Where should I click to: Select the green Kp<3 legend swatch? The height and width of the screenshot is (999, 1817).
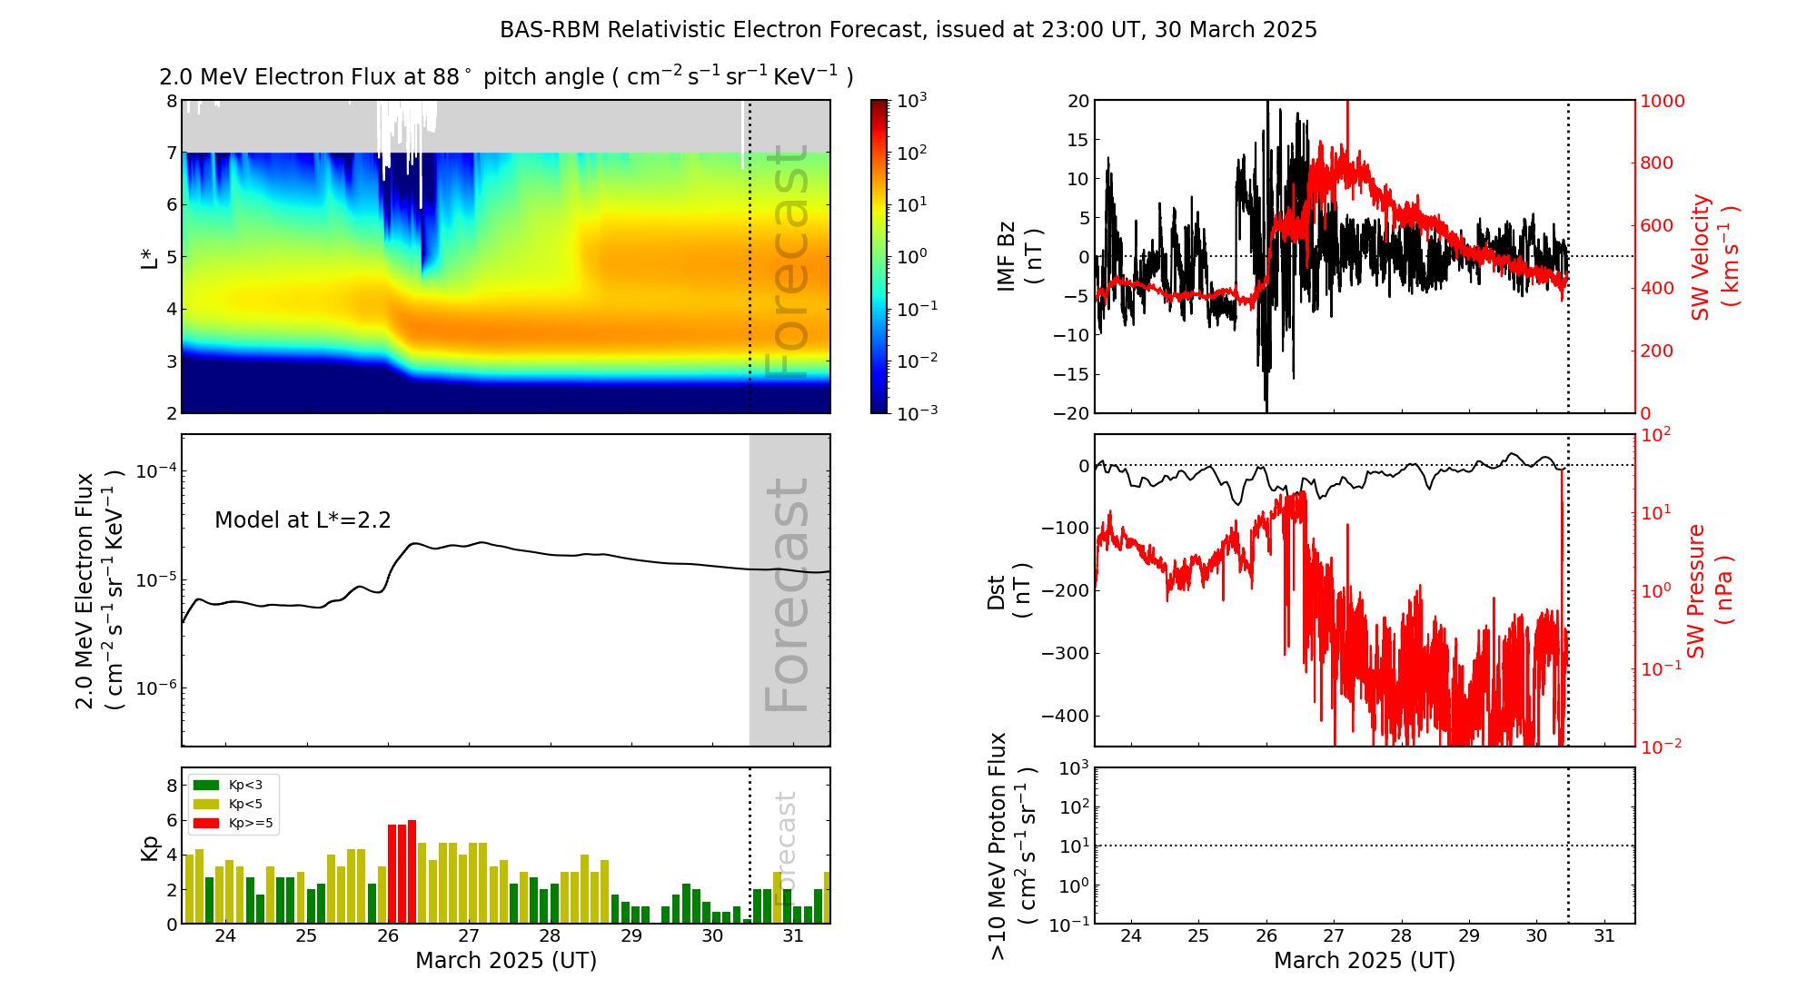[x=206, y=785]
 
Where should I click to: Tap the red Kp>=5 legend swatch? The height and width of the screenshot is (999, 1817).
[x=206, y=824]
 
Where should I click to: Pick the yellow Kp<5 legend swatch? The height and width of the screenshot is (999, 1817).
[x=206, y=804]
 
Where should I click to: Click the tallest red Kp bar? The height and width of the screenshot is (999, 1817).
[x=412, y=870]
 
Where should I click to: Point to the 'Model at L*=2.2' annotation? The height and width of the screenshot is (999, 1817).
[x=303, y=520]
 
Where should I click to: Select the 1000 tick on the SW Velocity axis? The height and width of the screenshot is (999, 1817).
[x=1662, y=101]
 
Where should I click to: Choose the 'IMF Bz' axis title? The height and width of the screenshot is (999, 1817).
[x=1007, y=257]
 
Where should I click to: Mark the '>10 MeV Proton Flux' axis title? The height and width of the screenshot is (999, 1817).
[x=998, y=846]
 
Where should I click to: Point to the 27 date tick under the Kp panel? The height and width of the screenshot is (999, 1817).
[x=469, y=936]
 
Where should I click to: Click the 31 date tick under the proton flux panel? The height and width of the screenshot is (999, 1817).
[x=1604, y=936]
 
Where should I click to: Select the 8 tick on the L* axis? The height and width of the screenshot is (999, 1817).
[x=171, y=101]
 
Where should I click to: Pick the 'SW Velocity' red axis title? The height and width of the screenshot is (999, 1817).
[x=1701, y=257]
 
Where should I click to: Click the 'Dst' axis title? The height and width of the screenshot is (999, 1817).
[x=997, y=590]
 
